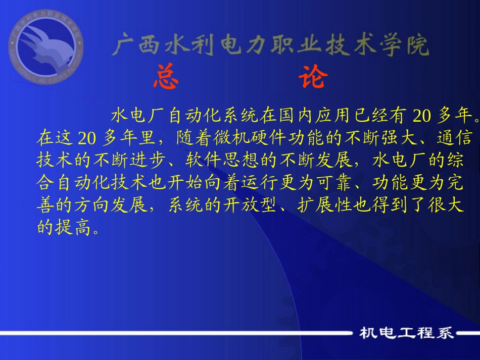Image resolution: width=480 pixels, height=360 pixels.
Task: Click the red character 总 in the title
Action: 166,78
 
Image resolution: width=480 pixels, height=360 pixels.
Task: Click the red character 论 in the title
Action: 313,78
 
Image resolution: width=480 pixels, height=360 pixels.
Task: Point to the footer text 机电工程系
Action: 406,333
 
